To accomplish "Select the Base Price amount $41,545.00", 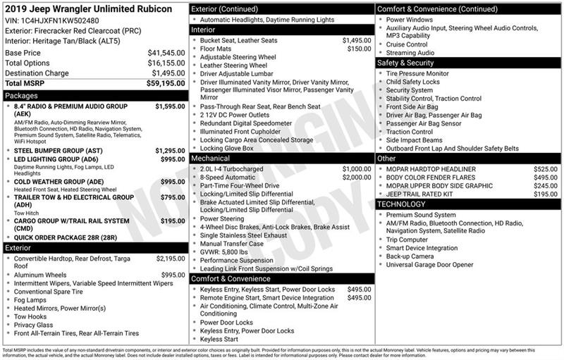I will (x=166, y=53).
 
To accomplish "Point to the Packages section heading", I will (x=21, y=95).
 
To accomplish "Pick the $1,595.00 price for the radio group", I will (x=170, y=106).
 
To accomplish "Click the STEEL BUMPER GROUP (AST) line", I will (x=56, y=150).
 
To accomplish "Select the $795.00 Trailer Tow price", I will (x=172, y=197).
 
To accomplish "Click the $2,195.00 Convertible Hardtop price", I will (x=170, y=259).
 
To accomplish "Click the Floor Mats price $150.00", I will (x=359, y=49).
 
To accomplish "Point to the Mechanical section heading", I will (x=210, y=159).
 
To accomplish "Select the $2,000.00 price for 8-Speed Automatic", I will (x=356, y=178).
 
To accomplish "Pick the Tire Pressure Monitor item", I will (x=417, y=73).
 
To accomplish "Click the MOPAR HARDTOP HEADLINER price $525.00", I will (x=546, y=169).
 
